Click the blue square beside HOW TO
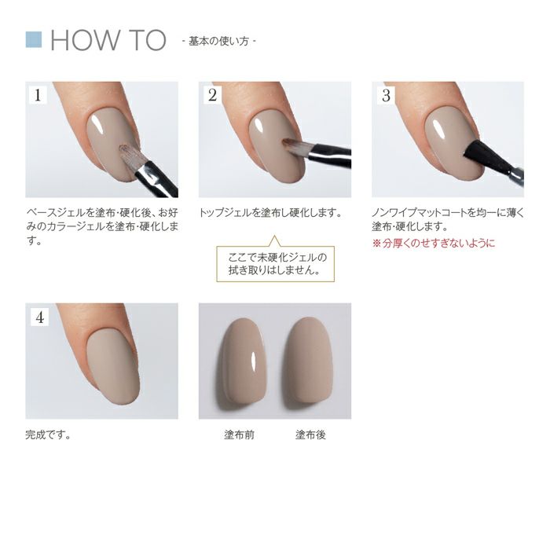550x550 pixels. click(33, 39)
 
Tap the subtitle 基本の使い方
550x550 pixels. click(218, 40)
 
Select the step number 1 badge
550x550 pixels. click(38, 96)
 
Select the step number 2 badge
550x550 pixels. click(212, 96)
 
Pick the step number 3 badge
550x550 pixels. click(385, 96)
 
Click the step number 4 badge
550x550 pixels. click(38, 317)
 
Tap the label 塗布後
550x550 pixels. click(310, 434)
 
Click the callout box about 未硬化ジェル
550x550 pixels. click(275, 263)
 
